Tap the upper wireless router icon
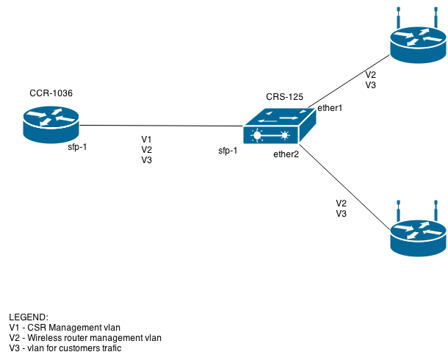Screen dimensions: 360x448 418,43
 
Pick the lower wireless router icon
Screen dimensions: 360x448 418,234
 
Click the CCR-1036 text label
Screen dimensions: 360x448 51,93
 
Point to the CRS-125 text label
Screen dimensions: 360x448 285,98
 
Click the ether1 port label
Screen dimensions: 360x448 330,108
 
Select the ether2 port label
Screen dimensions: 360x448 286,154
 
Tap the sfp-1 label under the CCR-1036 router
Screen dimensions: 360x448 77,147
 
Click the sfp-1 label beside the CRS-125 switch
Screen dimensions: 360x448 228,151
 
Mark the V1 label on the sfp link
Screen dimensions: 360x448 147,139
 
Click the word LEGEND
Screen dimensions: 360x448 29,317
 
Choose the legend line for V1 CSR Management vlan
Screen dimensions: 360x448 65,327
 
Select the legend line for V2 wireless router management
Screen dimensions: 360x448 85,338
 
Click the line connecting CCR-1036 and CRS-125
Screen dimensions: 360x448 162,126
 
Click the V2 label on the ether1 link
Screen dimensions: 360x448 372,75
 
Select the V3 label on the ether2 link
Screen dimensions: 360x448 342,214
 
